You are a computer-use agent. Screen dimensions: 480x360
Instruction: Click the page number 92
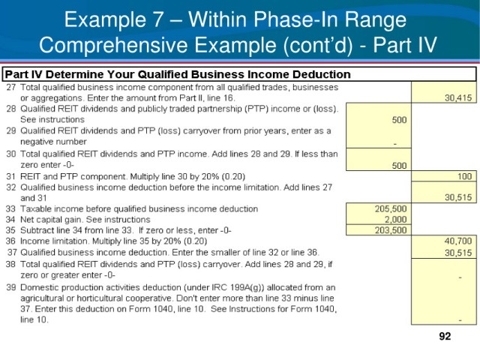[445, 336]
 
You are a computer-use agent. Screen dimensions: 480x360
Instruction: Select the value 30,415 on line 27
[458, 98]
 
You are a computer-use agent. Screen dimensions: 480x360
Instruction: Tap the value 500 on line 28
[399, 120]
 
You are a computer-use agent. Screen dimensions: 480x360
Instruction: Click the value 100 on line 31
[464, 176]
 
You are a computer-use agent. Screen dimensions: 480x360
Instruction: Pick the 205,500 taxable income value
[391, 208]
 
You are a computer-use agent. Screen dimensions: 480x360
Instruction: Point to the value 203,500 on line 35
[391, 230]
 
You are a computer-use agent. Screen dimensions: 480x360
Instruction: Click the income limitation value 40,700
[458, 241]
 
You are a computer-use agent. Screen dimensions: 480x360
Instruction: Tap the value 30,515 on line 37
[458, 253]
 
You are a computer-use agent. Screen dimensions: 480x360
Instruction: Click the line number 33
[10, 208]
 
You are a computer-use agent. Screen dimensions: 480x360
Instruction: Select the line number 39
[10, 287]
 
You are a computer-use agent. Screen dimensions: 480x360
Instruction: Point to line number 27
[11, 88]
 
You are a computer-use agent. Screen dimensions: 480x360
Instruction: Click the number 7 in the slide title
[158, 19]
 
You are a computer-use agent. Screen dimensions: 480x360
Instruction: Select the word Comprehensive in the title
[113, 45]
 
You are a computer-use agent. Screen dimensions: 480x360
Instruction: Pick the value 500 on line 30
[399, 166]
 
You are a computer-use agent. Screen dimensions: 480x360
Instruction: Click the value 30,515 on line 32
[458, 197]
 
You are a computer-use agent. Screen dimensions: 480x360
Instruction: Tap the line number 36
[10, 241]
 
